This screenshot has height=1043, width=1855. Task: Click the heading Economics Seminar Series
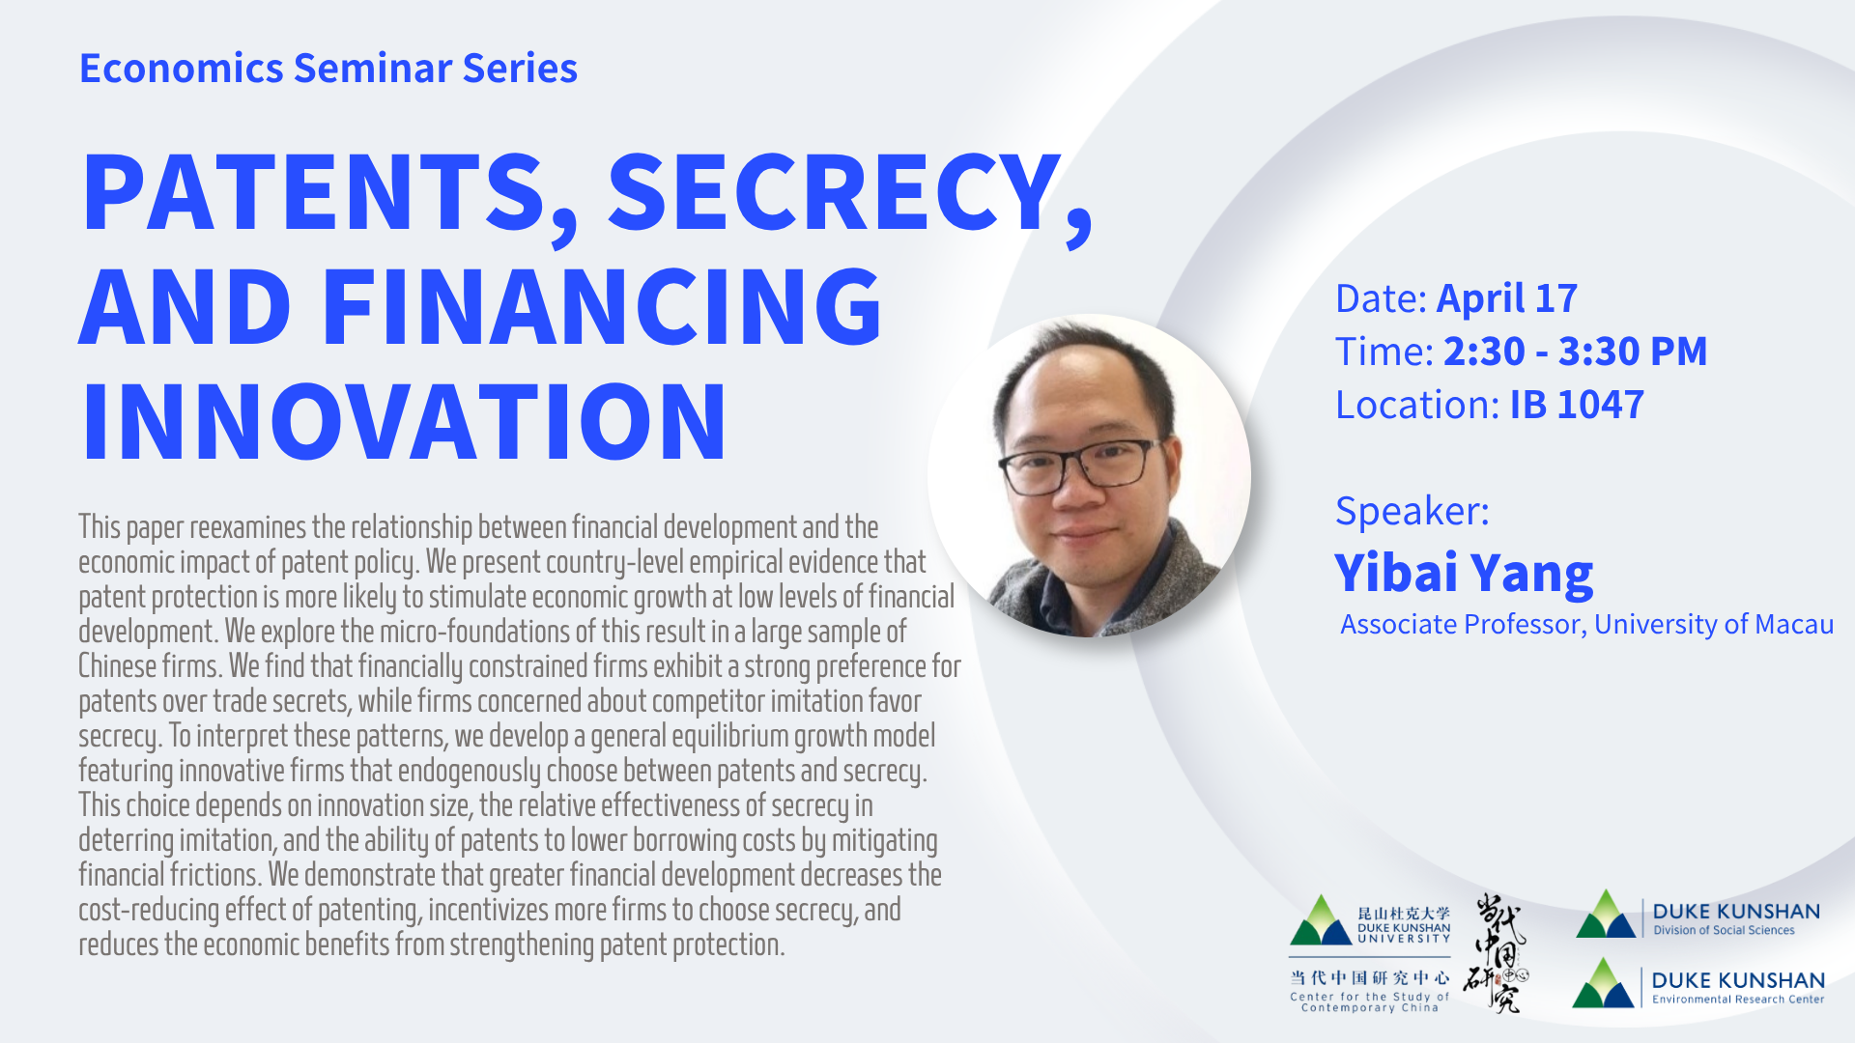click(328, 69)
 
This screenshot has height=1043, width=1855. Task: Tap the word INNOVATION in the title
click(404, 422)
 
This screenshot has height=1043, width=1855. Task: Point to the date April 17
click(1506, 298)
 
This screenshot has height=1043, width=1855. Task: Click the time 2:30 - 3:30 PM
click(1575, 352)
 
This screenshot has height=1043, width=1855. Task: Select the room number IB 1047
click(1576, 405)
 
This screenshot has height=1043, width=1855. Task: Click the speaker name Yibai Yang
click(1463, 573)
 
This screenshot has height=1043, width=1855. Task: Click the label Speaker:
click(1412, 511)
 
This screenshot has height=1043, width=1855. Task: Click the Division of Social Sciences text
click(1724, 931)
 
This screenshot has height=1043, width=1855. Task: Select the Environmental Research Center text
click(1737, 1000)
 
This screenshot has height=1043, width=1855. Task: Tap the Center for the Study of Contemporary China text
click(1369, 1002)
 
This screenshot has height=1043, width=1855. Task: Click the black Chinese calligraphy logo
click(1496, 952)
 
